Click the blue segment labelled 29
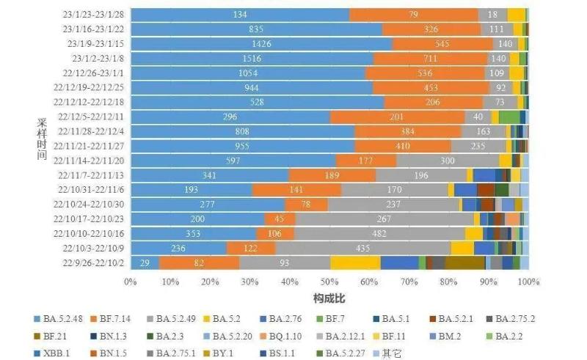[x=145, y=262]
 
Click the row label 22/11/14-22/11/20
[x=92, y=161]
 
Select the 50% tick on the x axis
[x=329, y=282]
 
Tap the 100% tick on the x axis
[x=528, y=282]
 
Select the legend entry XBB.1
[x=59, y=353]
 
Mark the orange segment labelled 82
[x=199, y=262]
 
